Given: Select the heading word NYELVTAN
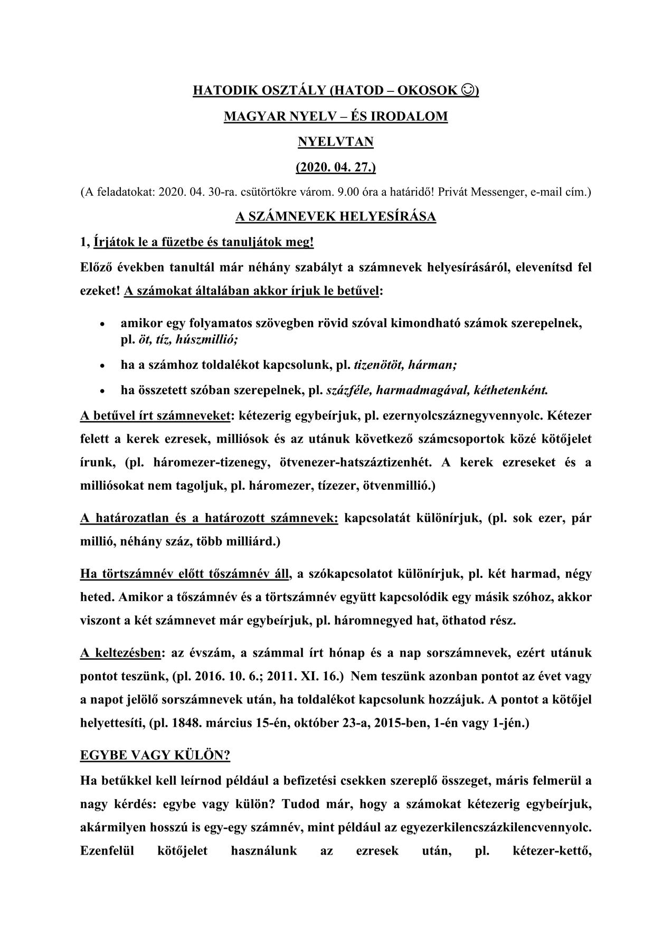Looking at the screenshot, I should coord(336,141).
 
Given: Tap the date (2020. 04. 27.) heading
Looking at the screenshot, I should coord(336,167).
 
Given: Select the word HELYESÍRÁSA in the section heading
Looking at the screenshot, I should coord(391,217).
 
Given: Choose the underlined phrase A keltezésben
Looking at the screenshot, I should coord(120,653).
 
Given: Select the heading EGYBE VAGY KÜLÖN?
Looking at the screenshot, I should coord(155,755).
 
